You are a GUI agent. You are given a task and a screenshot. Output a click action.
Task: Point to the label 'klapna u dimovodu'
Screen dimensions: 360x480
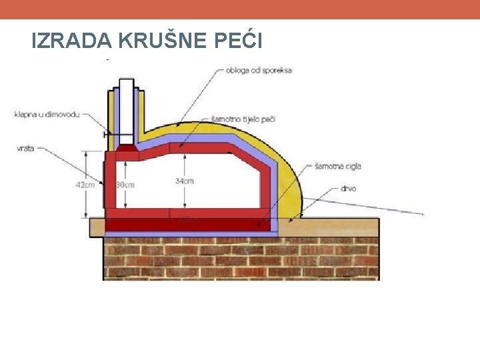(x=47, y=115)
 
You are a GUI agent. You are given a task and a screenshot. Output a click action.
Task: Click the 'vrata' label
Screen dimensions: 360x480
(x=26, y=149)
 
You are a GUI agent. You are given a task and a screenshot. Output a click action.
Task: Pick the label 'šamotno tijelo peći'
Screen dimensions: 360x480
(x=243, y=119)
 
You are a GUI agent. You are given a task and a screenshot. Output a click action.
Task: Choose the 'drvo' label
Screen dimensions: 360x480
(x=348, y=189)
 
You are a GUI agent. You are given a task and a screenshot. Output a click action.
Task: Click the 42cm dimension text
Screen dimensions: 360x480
(x=85, y=185)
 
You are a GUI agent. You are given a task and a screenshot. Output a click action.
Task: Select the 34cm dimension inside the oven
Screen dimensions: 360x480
(x=185, y=181)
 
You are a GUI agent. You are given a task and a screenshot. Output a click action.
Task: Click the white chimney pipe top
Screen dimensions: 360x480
(x=127, y=87)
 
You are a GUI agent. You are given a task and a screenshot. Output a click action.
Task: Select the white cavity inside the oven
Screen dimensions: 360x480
(x=220, y=187)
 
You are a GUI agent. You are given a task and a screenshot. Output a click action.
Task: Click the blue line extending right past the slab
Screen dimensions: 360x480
(x=400, y=210)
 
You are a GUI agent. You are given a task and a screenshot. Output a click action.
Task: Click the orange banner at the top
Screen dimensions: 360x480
(x=240, y=9)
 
